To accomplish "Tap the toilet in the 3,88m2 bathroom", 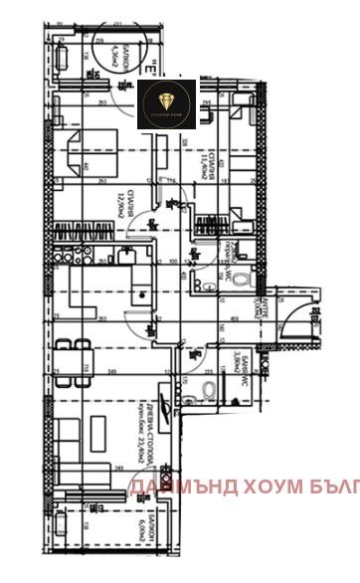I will pyautogui.click(x=209, y=390).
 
